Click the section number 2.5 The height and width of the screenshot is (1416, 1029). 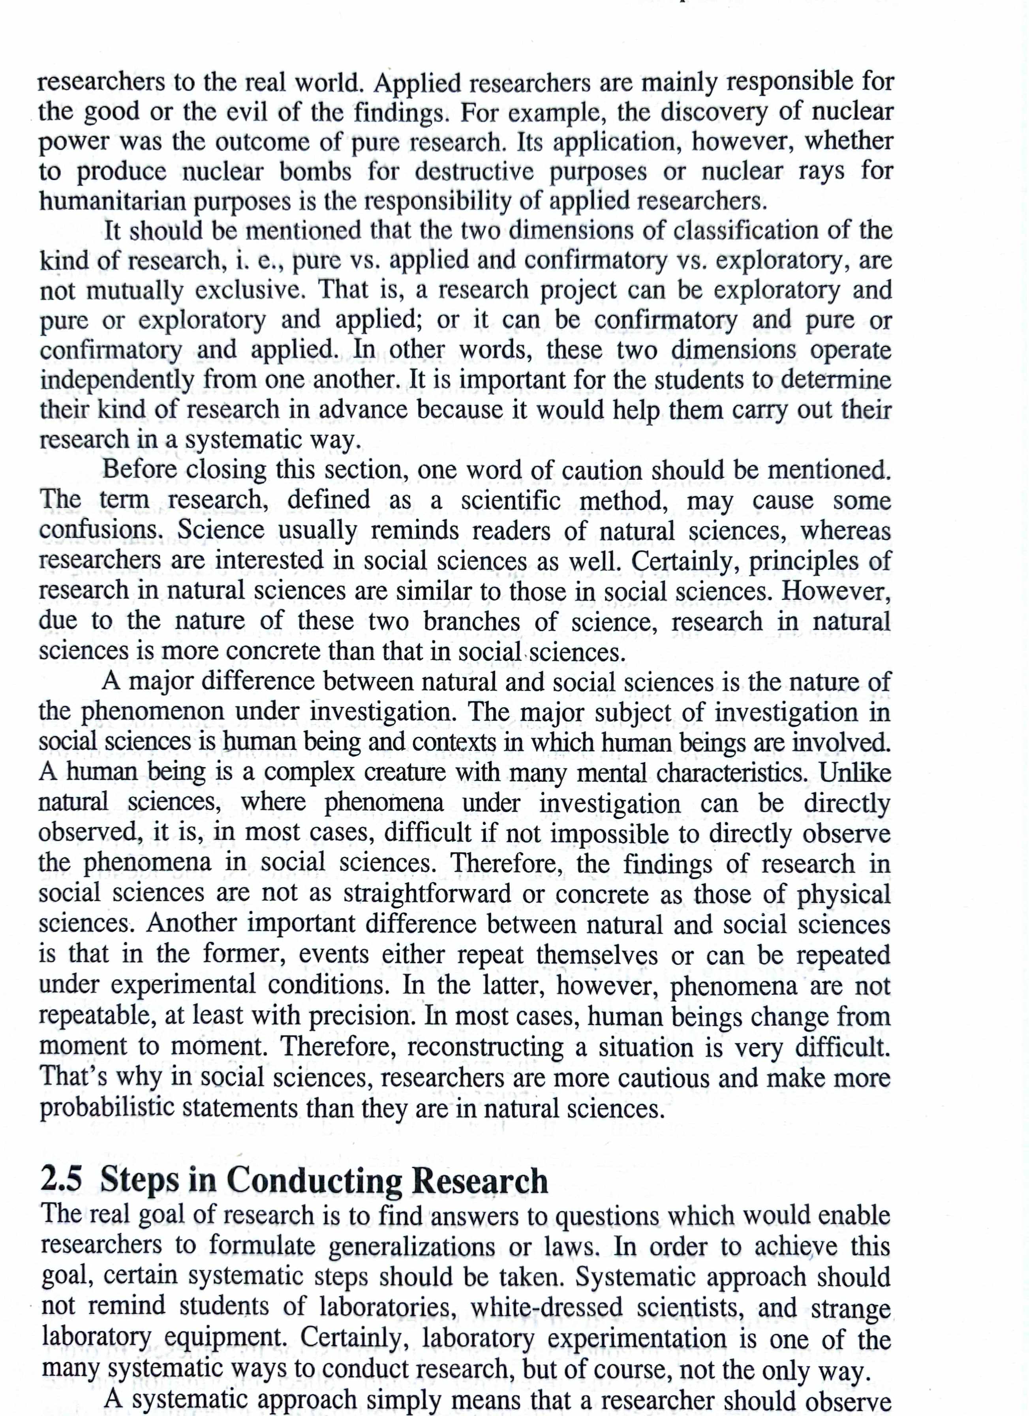(x=62, y=1180)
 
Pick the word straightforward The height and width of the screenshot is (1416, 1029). (x=428, y=894)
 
